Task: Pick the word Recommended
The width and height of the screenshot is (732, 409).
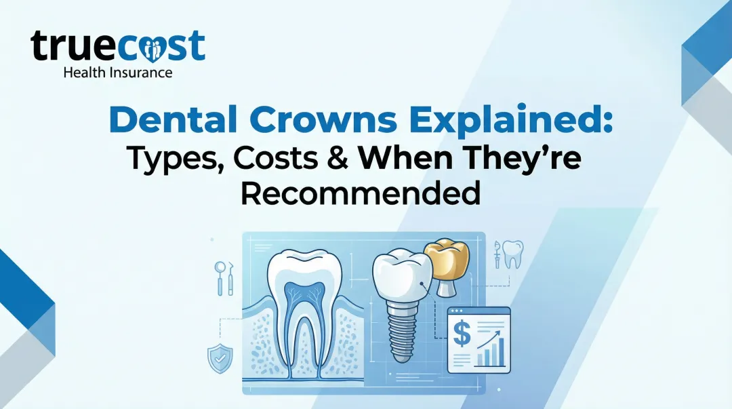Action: [361, 195]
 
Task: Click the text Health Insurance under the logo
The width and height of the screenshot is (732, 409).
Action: [117, 72]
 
